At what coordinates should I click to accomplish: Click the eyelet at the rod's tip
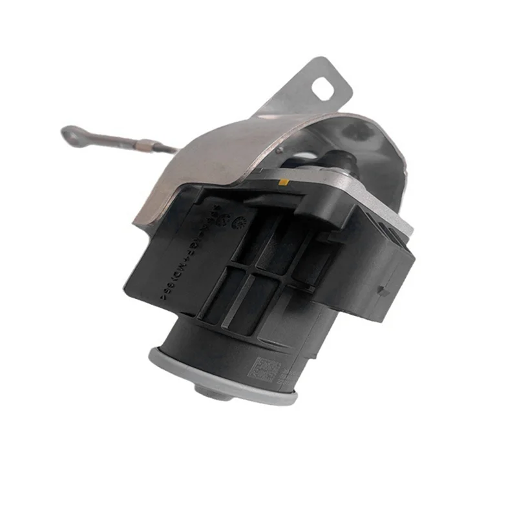70,134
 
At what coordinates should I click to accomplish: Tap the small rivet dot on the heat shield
282,148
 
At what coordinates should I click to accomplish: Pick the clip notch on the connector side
383,291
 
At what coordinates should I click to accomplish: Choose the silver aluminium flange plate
362,194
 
